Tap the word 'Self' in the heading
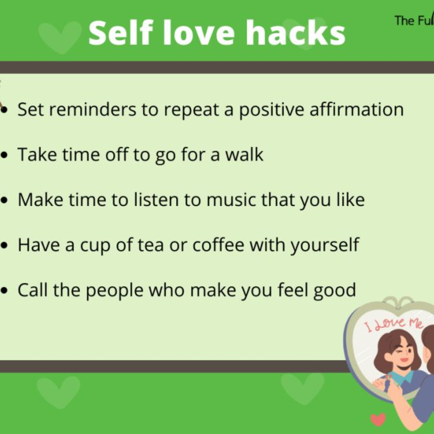click(121, 33)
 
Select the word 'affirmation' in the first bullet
click(356, 109)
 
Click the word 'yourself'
click(325, 245)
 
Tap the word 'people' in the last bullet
click(115, 291)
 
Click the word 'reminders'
click(92, 109)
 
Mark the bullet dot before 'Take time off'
click(4, 155)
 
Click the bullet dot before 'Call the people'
click(4, 291)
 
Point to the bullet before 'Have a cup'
click(4, 246)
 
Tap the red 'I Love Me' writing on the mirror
click(393, 324)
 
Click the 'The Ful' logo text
click(414, 20)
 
